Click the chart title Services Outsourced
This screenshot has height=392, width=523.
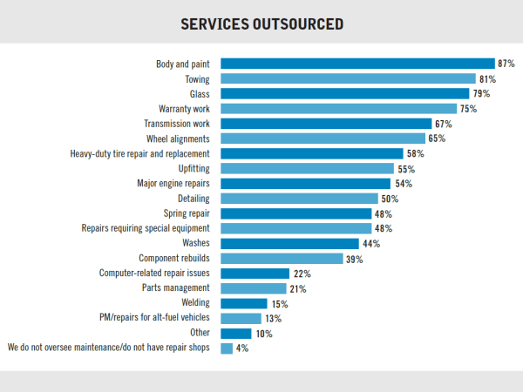click(x=261, y=23)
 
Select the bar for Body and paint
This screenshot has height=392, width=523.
click(x=357, y=64)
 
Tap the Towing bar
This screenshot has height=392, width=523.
click(x=348, y=78)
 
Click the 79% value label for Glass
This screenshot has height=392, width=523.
click(x=481, y=94)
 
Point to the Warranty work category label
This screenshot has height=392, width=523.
click(x=184, y=109)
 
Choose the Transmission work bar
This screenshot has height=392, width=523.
click(x=327, y=124)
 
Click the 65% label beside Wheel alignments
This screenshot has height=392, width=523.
click(x=438, y=139)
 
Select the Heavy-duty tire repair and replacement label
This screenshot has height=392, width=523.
click(x=139, y=153)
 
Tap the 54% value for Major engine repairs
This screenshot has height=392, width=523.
click(x=403, y=184)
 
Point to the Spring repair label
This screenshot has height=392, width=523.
click(x=187, y=213)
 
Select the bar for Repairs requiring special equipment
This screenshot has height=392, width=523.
click(x=296, y=228)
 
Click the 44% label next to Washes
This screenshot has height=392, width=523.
click(x=371, y=244)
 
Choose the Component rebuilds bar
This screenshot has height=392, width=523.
click(x=282, y=259)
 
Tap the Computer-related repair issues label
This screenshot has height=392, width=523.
click(x=154, y=274)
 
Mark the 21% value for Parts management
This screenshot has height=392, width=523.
click(x=299, y=288)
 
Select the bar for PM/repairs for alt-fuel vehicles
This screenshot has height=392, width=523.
click(x=241, y=319)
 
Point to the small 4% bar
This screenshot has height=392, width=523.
click(x=227, y=348)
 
